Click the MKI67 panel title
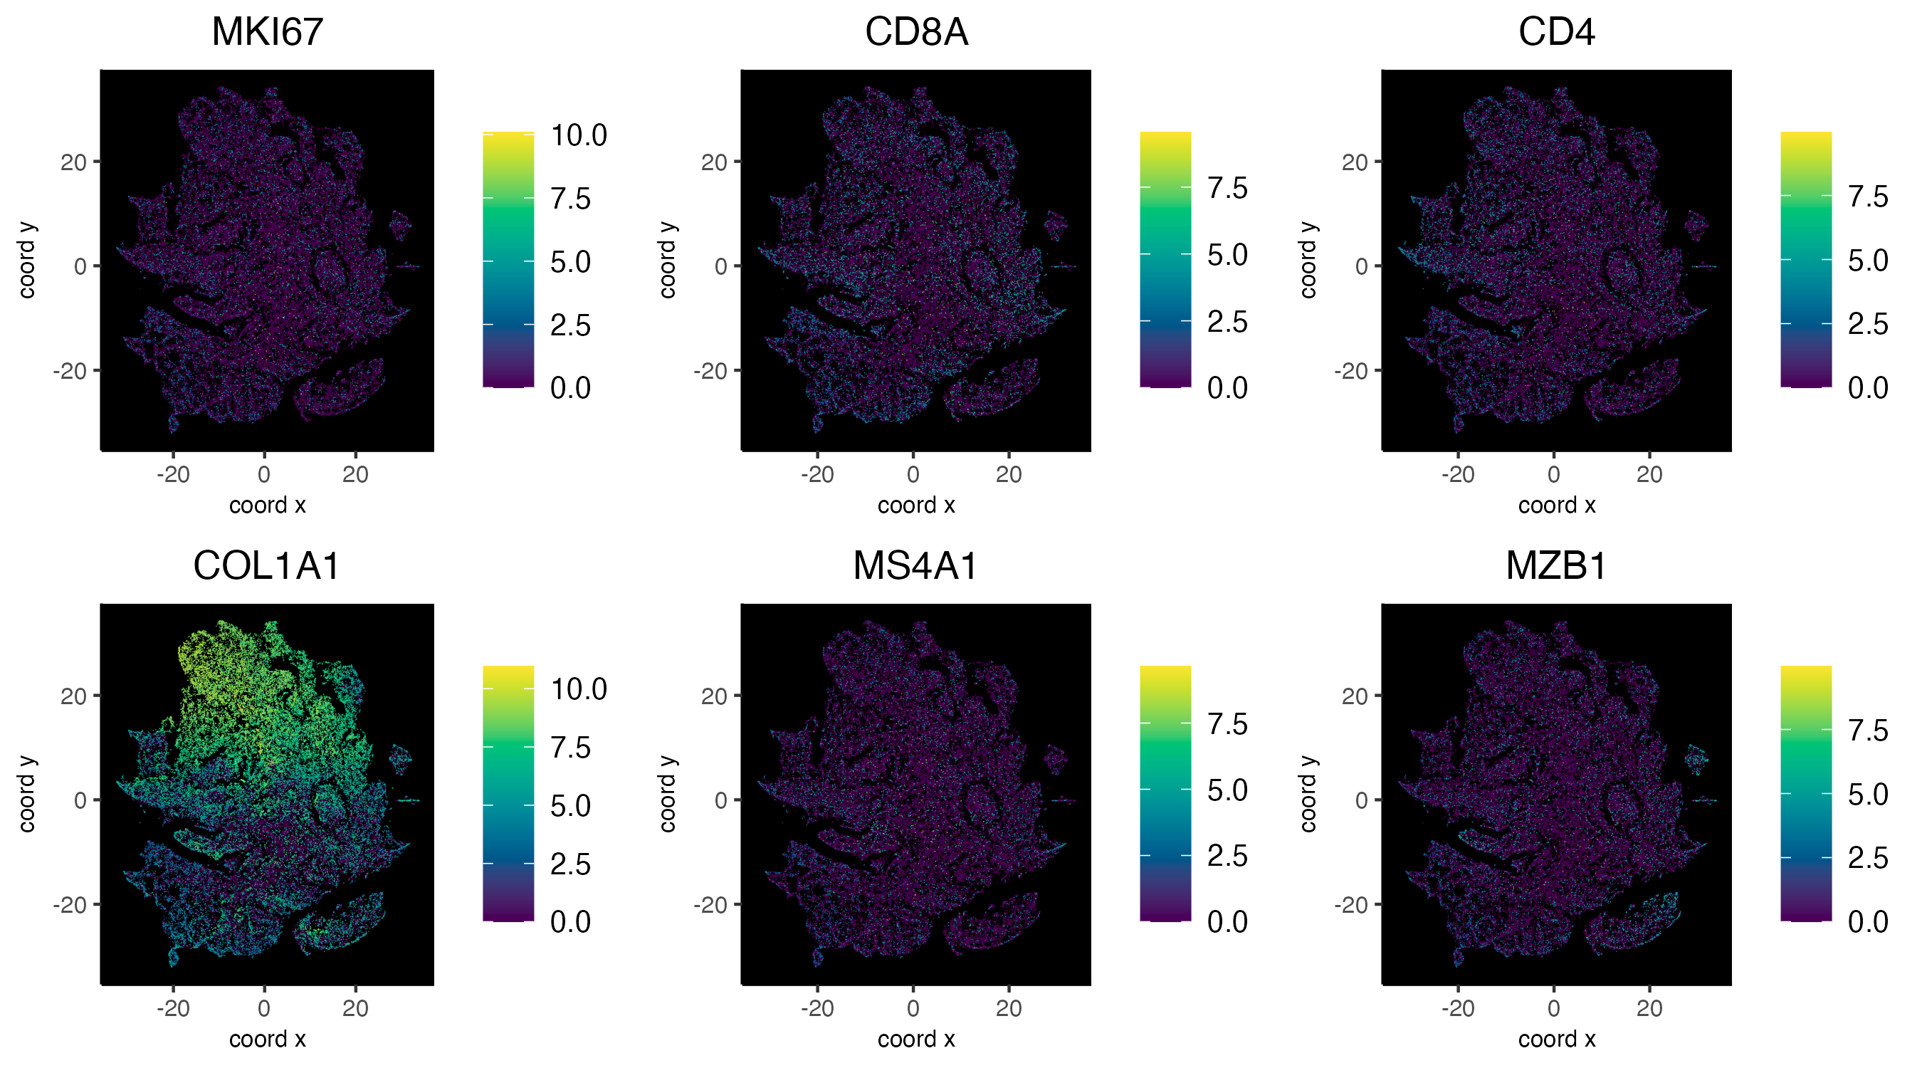point(267,32)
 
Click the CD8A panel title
point(915,32)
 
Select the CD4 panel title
point(1555,32)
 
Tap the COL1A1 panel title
point(266,566)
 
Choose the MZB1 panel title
point(1555,566)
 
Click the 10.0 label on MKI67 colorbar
point(578,136)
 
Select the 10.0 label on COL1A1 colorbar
point(578,689)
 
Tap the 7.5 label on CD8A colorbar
point(1227,188)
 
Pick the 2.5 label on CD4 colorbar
point(1867,324)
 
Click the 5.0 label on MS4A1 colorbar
point(1227,790)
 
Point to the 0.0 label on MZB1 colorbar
point(1867,922)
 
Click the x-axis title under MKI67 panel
point(267,506)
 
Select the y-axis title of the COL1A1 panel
point(27,793)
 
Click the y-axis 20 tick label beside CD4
point(1354,162)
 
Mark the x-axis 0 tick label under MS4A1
point(913,1008)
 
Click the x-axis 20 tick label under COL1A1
point(355,1008)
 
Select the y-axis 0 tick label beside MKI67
point(80,266)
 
